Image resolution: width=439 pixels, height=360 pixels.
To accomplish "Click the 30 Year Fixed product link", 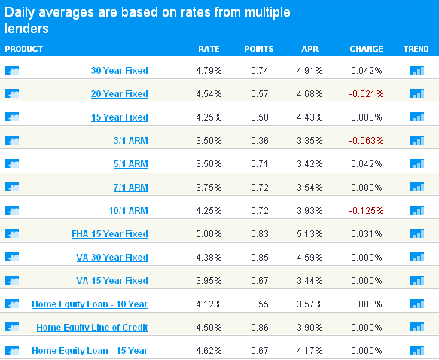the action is point(120,71).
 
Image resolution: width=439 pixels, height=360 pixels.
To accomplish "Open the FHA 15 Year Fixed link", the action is point(110,233).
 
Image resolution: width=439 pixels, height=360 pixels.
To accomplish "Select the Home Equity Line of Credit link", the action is point(92,328).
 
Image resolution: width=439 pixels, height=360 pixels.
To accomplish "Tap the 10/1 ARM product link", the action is point(128,211).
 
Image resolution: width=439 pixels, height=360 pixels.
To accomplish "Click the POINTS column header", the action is point(259,49).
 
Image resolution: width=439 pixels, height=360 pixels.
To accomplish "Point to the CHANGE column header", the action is point(366,49).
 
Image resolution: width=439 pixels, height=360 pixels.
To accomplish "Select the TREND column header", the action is point(416,49).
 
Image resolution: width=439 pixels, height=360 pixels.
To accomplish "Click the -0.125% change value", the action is point(366,211).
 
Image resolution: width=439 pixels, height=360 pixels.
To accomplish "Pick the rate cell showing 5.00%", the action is point(209,233).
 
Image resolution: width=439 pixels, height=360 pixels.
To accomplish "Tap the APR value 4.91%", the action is point(309,71).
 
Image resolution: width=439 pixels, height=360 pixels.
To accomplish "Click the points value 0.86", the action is point(260,328).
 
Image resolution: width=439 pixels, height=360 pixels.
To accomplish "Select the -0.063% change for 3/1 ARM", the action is point(366,141).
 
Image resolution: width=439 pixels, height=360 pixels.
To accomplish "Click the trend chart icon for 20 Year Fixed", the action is point(417,93).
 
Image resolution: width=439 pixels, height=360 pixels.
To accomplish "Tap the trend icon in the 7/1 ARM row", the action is point(417,187).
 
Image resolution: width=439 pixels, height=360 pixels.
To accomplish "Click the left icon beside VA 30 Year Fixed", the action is point(12,257).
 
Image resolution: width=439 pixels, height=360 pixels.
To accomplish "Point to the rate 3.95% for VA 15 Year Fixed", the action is point(209,280).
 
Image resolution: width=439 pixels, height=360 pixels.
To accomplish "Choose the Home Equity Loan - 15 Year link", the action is point(90,350).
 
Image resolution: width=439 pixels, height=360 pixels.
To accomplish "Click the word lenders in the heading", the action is point(26,29).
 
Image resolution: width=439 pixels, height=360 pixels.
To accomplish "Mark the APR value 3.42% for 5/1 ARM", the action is point(309,163).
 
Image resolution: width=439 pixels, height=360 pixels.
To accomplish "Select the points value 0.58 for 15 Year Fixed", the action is point(260,117).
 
